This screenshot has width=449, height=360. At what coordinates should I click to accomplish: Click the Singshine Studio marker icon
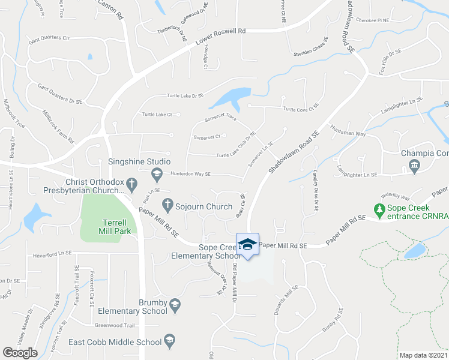click(157, 174)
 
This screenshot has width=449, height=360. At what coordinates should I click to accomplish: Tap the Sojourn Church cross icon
click(167, 206)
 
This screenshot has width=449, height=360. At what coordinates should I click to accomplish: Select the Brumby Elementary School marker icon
click(175, 304)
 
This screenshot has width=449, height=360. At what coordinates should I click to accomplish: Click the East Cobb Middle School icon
click(169, 340)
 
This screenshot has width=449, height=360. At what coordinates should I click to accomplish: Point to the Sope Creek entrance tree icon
click(379, 210)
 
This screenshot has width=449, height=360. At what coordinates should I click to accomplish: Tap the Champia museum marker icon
click(414, 165)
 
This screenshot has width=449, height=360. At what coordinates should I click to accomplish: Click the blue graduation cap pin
click(247, 244)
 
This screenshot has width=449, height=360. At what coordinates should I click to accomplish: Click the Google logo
click(20, 353)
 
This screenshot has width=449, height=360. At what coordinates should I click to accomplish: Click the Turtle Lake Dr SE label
click(185, 96)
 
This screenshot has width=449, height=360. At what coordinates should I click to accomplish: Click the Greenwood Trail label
click(113, 325)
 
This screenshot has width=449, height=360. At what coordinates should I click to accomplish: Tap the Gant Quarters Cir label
click(54, 38)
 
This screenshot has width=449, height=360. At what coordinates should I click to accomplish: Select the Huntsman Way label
click(347, 130)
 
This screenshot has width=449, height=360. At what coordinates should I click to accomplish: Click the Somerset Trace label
click(220, 118)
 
